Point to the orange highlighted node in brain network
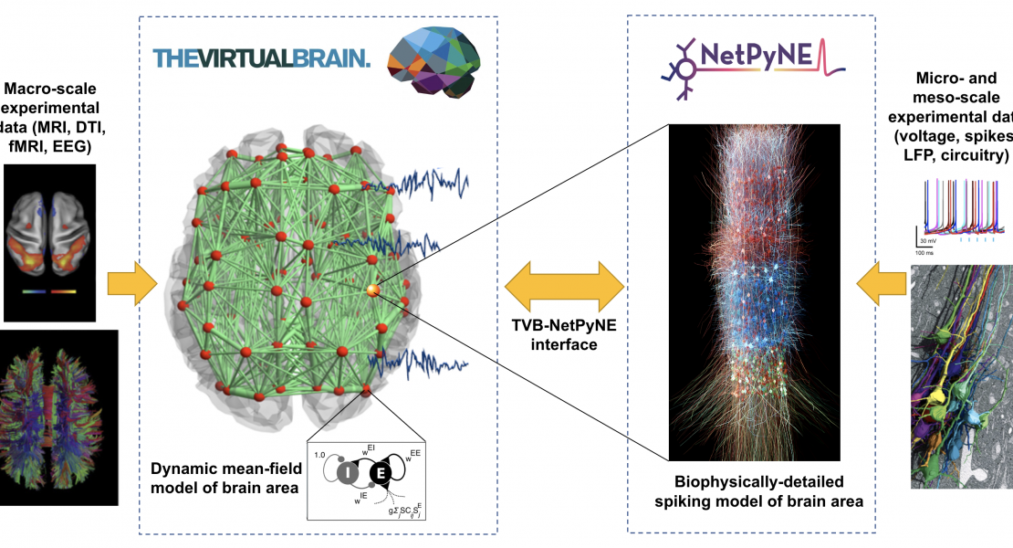(x=372, y=290)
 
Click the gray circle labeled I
(x=348, y=472)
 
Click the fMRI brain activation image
(x=49, y=243)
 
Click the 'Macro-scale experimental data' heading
(x=50, y=116)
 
